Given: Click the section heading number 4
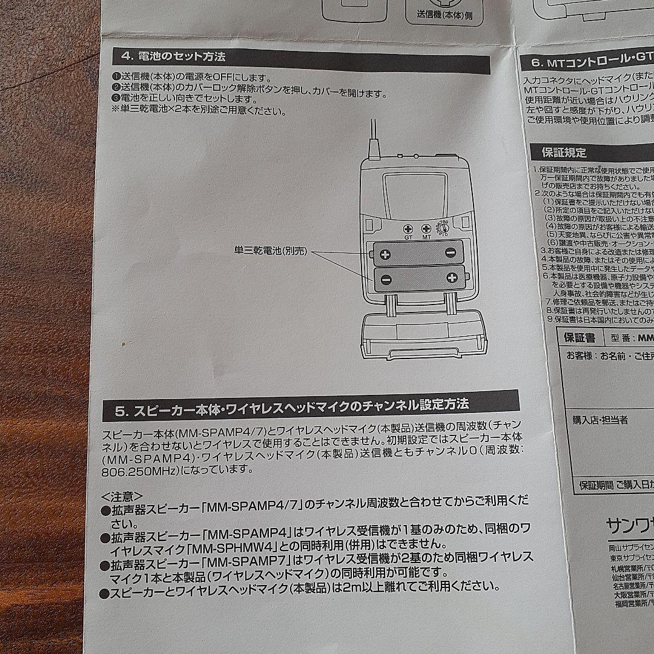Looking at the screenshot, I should (x=125, y=57).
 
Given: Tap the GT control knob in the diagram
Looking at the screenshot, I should (x=408, y=230).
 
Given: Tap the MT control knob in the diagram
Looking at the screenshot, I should (x=426, y=230).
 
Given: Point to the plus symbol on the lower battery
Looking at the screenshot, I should (x=452, y=278).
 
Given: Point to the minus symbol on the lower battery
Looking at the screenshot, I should (x=386, y=279).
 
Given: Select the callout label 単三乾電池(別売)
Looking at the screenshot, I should (x=271, y=250).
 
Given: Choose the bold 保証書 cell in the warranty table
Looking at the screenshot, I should (x=579, y=337).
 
